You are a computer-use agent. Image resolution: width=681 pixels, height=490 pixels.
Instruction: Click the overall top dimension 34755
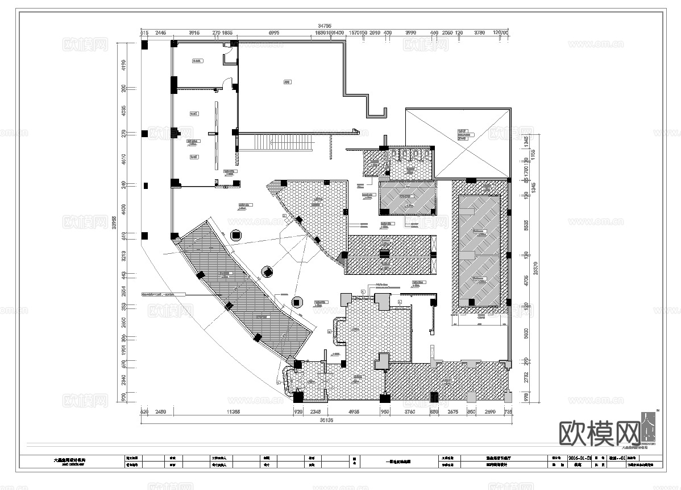click(x=325, y=26)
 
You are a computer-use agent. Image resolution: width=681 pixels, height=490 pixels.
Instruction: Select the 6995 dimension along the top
click(x=274, y=34)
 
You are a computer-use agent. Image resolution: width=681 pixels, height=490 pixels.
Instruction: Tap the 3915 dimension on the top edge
click(x=196, y=34)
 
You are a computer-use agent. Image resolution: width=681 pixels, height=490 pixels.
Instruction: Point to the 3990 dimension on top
click(x=410, y=34)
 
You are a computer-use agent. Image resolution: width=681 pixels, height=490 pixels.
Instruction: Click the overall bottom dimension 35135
click(x=326, y=421)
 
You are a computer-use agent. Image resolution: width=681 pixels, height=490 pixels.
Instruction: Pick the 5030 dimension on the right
click(x=526, y=332)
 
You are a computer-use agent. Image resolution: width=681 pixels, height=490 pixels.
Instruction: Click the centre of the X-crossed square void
click(x=458, y=143)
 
